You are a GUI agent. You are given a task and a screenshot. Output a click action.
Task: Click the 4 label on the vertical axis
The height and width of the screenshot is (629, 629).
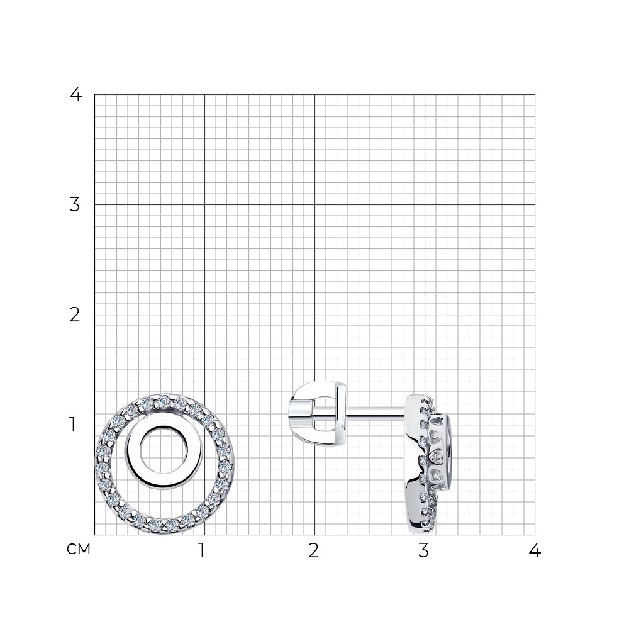coord(75,95)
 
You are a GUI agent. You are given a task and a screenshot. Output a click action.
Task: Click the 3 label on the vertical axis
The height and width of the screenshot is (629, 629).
coord(75,205)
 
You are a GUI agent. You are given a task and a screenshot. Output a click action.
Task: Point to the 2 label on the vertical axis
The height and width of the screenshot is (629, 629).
coord(75,315)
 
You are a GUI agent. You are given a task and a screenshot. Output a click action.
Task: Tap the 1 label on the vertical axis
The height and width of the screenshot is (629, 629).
coord(72,425)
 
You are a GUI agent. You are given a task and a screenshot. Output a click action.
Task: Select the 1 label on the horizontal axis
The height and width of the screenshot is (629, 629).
coord(202,551)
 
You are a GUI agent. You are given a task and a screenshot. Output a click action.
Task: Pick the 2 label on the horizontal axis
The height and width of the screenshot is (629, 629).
coord(314,551)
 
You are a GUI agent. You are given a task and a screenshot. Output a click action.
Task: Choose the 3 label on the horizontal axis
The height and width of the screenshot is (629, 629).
coord(423,551)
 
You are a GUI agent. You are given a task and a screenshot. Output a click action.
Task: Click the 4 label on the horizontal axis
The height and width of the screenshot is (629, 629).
coord(535,551)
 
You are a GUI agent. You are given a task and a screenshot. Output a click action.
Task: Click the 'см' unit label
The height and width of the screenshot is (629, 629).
coord(79,550)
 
